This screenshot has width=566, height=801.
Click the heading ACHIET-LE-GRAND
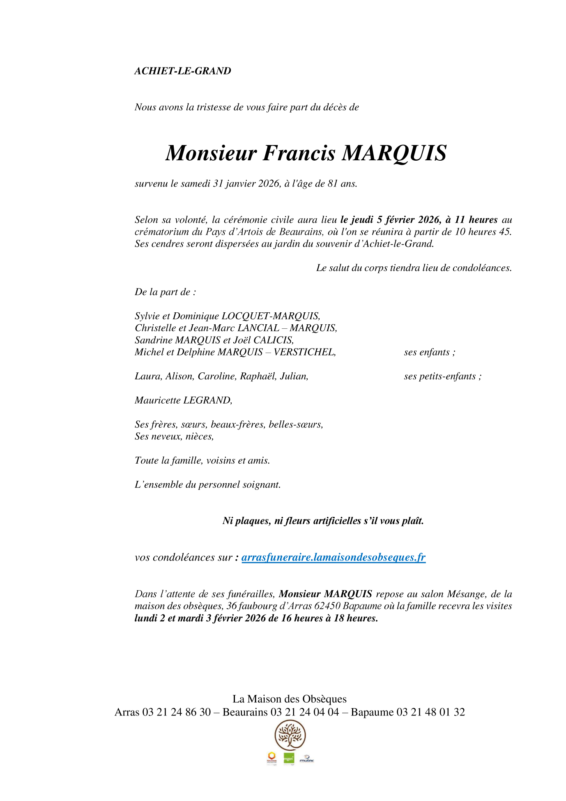click(x=182, y=71)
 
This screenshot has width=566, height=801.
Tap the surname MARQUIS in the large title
click(x=394, y=153)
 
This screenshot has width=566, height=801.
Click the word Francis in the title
click(x=299, y=153)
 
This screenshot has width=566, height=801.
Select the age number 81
click(x=333, y=184)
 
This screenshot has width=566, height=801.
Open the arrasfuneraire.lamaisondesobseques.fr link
click(x=333, y=557)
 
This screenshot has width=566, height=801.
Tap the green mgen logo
click(x=289, y=759)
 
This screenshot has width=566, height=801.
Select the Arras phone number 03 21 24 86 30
click(x=177, y=712)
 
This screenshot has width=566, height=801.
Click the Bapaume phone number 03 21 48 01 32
click(x=430, y=712)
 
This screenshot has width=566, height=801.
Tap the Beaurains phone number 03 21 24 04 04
click(x=305, y=712)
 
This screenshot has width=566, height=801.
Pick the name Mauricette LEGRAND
click(x=183, y=400)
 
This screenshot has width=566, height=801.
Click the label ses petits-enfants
click(x=442, y=376)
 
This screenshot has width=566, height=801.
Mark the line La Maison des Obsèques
click(x=289, y=699)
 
